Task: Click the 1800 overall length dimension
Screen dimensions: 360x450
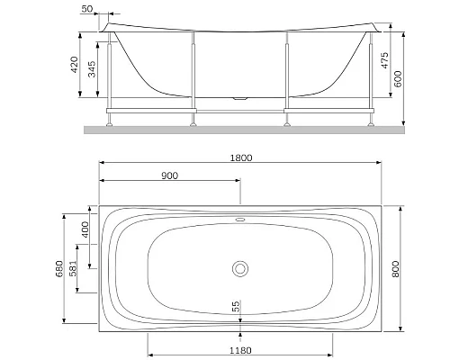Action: point(240,157)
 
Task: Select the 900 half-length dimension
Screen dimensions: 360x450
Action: point(169,175)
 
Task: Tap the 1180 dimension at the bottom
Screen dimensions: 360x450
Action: point(238,350)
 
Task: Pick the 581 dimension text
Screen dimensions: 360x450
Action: point(85,267)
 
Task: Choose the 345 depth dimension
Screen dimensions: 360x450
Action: point(93,70)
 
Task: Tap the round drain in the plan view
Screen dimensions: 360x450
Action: point(239,267)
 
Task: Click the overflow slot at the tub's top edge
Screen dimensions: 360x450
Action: point(239,217)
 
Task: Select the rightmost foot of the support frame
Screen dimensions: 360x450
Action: point(371,122)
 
